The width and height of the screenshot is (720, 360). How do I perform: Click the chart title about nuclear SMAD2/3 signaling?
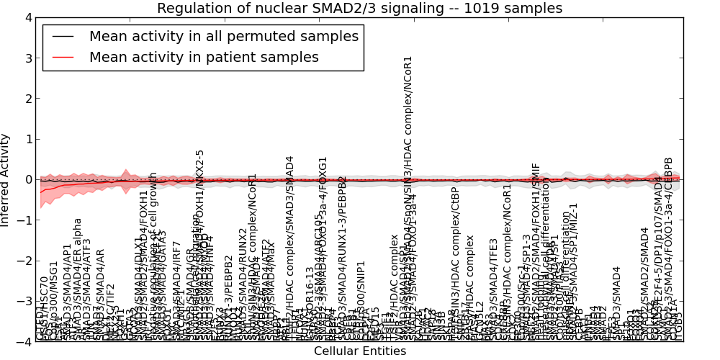[x=359, y=9]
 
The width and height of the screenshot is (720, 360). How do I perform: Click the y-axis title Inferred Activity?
[x=6, y=179]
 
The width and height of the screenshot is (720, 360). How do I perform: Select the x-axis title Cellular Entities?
[x=359, y=351]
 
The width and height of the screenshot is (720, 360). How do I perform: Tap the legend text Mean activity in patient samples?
[x=204, y=58]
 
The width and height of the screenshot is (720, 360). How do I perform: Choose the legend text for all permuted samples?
[x=223, y=37]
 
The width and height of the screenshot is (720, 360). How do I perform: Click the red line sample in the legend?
[x=63, y=58]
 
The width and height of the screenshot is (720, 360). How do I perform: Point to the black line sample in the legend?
[x=63, y=37]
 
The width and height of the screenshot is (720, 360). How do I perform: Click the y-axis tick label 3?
[x=27, y=58]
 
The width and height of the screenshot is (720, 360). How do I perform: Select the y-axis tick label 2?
[x=27, y=99]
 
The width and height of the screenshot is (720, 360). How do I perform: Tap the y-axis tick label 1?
[x=27, y=139]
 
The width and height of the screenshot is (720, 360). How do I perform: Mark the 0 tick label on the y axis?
[x=27, y=180]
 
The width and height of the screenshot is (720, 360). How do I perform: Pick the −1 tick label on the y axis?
[x=24, y=220]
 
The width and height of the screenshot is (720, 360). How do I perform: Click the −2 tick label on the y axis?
[x=24, y=261]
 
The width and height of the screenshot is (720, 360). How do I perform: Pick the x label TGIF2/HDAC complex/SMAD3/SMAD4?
[x=290, y=238]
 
